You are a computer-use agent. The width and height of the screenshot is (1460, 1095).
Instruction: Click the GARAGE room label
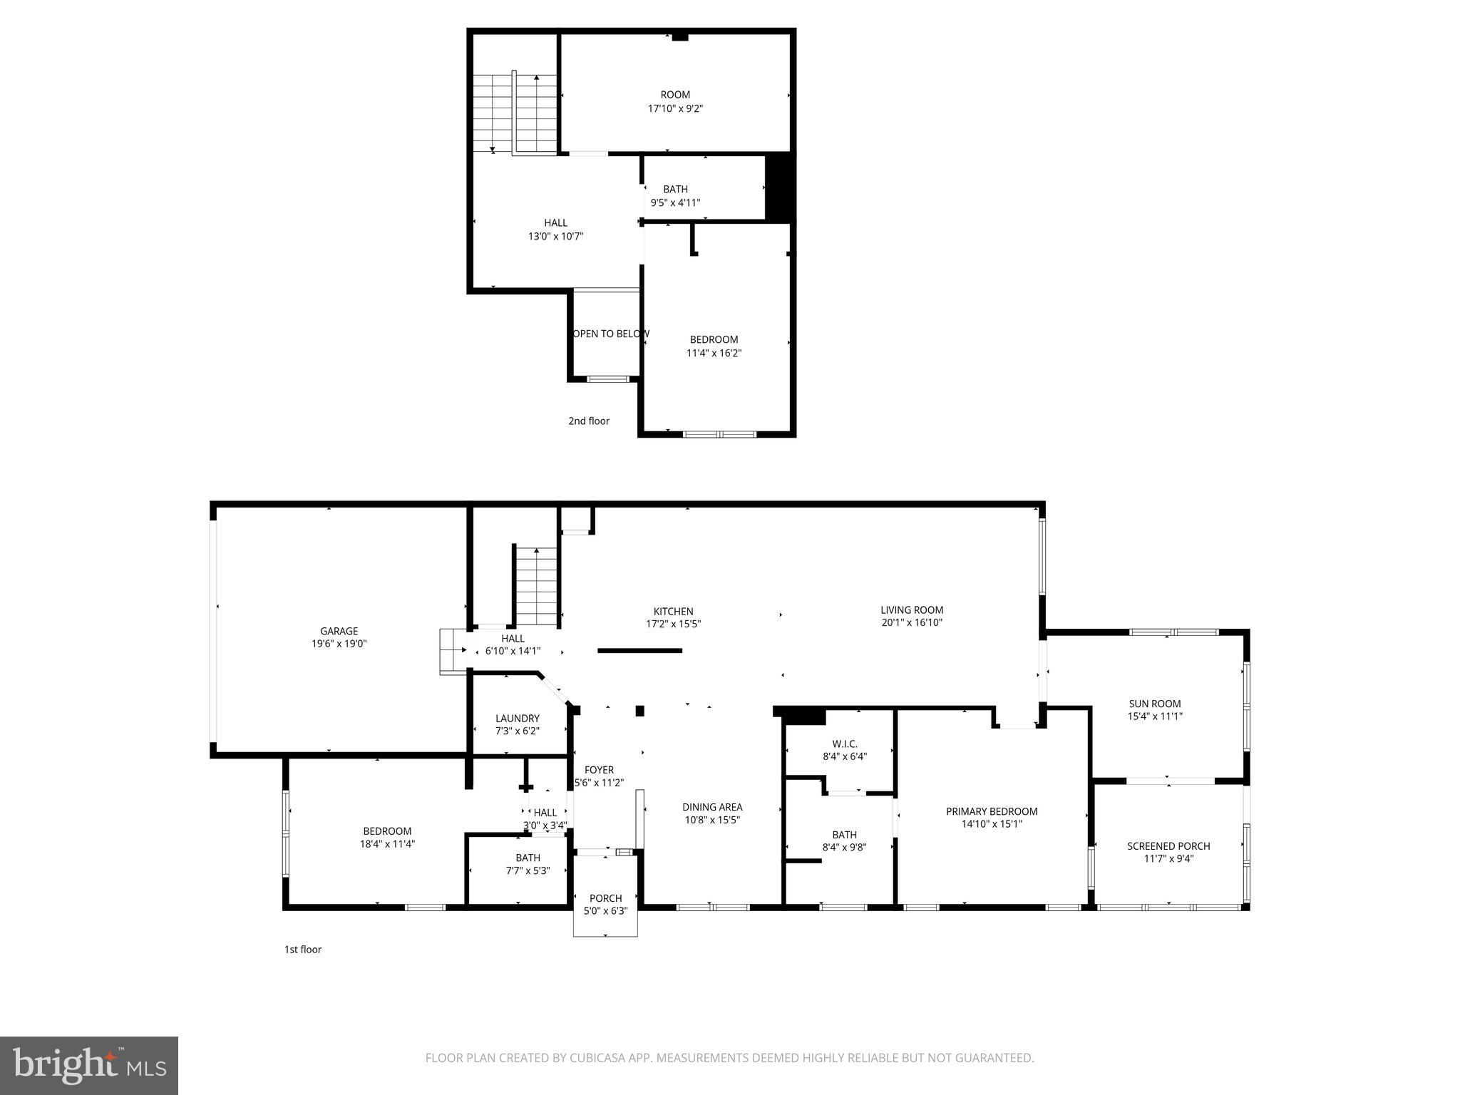[339, 631]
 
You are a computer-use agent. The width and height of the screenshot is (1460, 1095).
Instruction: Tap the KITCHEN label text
[673, 612]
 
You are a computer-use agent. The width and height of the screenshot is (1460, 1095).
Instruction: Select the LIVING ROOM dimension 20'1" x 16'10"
[912, 622]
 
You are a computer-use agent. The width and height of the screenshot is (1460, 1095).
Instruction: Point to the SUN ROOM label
[1154, 704]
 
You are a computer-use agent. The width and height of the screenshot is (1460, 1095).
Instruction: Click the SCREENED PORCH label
[1168, 846]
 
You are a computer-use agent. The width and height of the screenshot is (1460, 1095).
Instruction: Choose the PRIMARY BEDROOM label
[991, 811]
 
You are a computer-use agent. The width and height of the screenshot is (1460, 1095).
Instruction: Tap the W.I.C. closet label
[844, 744]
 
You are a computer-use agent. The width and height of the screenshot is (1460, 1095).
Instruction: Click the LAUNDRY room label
[518, 718]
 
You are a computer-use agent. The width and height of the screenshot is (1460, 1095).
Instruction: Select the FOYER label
[599, 770]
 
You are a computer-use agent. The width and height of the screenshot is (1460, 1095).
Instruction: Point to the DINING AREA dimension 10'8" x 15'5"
[711, 820]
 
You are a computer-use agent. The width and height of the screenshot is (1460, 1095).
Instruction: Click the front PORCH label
[605, 898]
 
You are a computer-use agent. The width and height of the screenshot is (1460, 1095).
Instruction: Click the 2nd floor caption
[588, 421]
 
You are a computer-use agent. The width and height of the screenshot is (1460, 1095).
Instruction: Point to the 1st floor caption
[303, 950]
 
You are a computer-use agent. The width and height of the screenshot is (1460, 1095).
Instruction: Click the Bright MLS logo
[88, 1065]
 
